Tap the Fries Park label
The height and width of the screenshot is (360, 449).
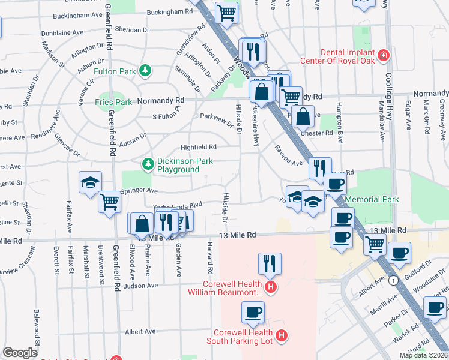113,102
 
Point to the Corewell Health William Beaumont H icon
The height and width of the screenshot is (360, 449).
270,288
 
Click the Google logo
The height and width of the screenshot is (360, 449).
20,353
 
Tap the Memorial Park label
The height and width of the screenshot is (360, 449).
373,199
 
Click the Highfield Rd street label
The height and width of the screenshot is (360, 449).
198,147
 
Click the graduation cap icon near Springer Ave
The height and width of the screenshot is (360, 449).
90,182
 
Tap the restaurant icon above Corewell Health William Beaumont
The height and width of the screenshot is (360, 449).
270,263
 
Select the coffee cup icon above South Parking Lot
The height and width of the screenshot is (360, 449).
253,311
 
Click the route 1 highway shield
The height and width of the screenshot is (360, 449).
393,280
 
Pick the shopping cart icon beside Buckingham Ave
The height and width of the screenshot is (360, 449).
226,11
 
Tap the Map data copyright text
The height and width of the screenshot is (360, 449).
423,355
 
